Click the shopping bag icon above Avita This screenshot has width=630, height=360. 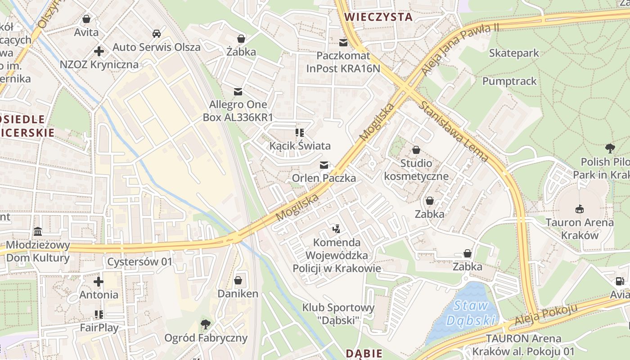click(86, 19)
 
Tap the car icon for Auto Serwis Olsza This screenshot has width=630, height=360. click(156, 34)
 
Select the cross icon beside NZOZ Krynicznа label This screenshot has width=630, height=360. click(99, 51)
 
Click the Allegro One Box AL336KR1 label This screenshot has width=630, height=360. click(238, 111)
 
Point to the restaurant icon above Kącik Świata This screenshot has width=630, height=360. click(300, 133)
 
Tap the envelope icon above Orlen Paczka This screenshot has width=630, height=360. click(324, 165)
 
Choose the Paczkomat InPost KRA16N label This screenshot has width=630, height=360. click(343, 62)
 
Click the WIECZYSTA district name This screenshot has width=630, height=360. click(378, 17)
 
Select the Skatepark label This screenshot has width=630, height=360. click(513, 53)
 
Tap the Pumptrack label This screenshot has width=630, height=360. click(509, 81)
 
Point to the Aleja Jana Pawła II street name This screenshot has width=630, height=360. click(460, 49)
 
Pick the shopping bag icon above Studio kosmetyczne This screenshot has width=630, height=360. click(416, 150)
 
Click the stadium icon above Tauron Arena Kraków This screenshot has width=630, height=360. click(580, 209)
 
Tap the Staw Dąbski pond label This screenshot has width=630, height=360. click(471, 313)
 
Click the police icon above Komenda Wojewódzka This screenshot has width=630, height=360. click(336, 229)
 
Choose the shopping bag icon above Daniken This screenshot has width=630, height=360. click(238, 281)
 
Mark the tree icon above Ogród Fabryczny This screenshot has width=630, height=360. click(206, 324)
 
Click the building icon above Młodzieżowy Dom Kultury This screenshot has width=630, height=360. click(38, 232)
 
